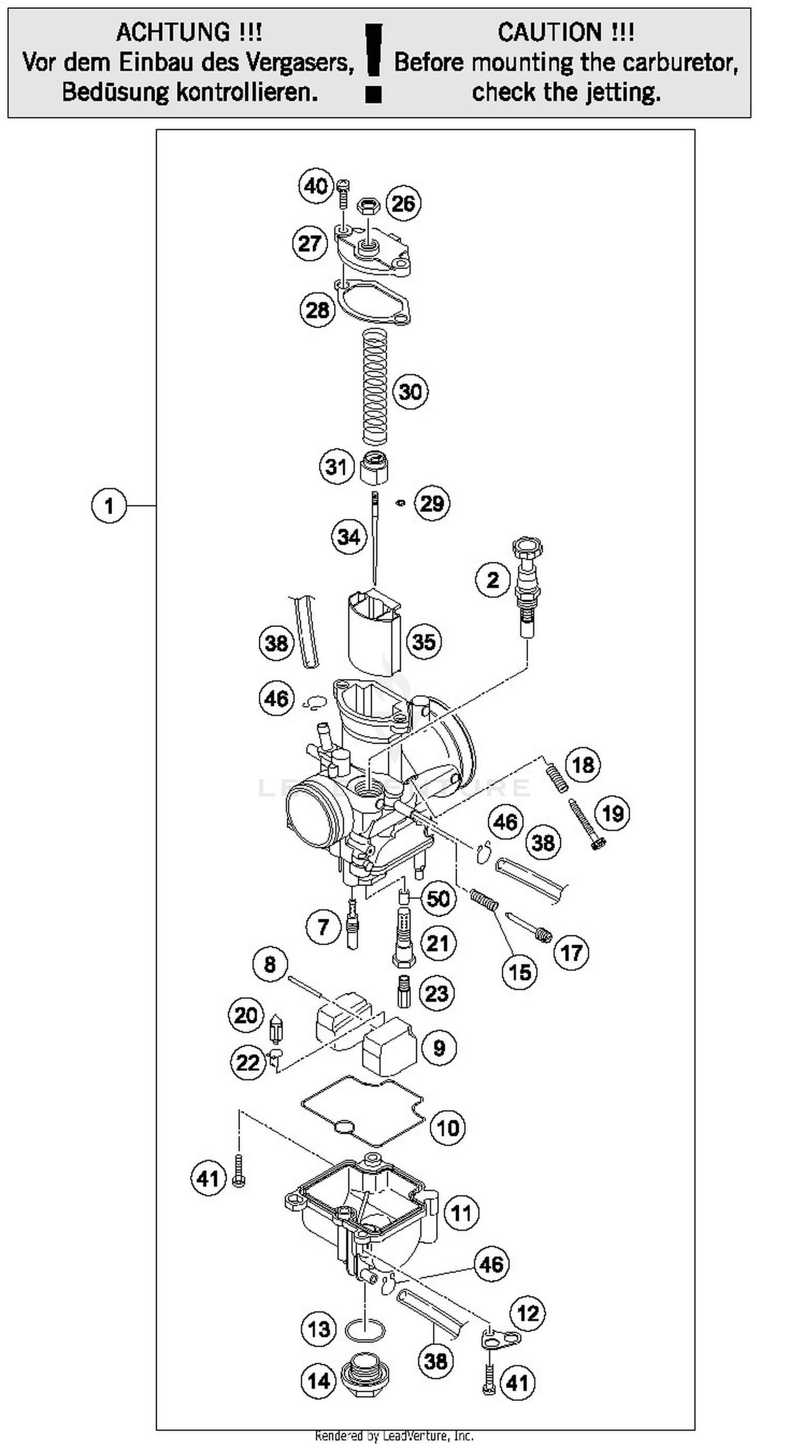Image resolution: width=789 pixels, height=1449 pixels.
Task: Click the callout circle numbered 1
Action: (x=108, y=505)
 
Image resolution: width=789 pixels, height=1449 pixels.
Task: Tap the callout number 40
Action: (x=316, y=185)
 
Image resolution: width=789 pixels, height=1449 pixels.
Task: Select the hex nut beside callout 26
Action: (x=368, y=207)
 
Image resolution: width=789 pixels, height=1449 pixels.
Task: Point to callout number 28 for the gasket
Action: (x=317, y=309)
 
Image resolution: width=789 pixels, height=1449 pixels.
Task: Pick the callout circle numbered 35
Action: (x=423, y=641)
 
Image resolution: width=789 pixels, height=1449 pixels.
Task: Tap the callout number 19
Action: (x=612, y=813)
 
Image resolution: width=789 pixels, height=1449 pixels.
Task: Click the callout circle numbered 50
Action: (x=438, y=898)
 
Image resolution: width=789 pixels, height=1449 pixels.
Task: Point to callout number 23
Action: (x=437, y=994)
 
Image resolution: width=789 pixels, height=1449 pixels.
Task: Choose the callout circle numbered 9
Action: (x=439, y=1048)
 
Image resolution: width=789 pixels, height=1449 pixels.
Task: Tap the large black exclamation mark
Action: (x=373, y=63)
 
